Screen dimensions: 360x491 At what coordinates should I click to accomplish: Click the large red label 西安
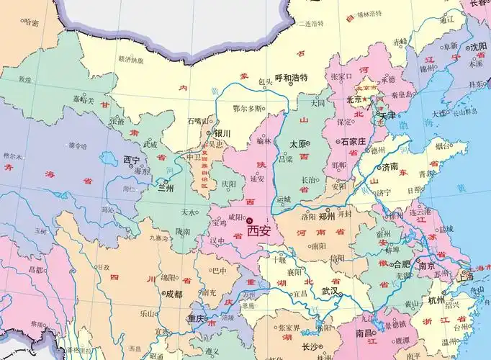(x=260, y=232)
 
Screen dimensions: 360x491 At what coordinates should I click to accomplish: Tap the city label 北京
(x=354, y=99)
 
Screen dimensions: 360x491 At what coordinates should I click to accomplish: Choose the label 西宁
(x=131, y=159)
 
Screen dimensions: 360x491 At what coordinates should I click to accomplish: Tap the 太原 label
(x=298, y=144)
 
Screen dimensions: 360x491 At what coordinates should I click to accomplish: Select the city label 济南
(x=389, y=166)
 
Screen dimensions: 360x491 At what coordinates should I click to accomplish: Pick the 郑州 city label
(x=327, y=215)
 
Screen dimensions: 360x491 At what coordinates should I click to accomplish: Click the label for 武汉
(x=330, y=290)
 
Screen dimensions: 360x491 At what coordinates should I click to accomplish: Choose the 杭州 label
(x=436, y=300)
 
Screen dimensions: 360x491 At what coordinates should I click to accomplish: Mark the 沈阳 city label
(x=479, y=47)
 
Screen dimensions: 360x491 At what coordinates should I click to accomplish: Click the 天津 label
(x=389, y=114)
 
